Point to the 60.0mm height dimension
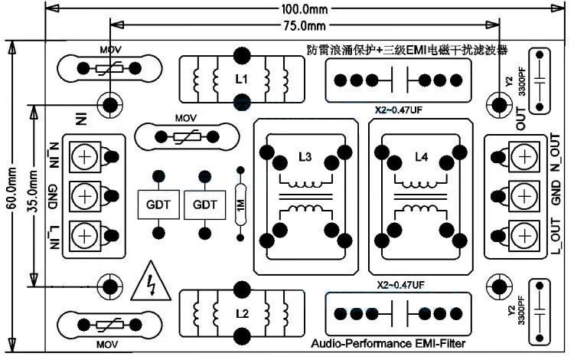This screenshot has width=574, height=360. click(10, 191)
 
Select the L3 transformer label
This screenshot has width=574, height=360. click(305, 157)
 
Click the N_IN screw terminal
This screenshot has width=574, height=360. click(83, 158)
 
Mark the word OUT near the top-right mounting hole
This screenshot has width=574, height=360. click(521, 120)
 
